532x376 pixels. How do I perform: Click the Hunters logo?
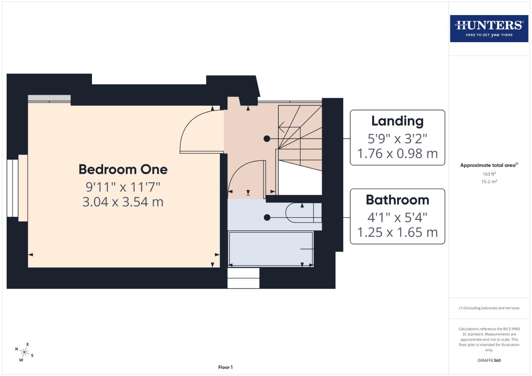click(x=489, y=29)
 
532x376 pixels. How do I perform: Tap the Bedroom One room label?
click(x=123, y=170)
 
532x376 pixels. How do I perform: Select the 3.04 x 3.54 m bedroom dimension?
click(x=123, y=202)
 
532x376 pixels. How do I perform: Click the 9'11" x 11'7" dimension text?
click(x=123, y=187)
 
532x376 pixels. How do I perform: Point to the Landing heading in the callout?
click(x=397, y=121)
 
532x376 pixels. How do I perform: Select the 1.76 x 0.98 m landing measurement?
click(x=397, y=154)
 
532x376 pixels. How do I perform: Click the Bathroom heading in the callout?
click(x=397, y=200)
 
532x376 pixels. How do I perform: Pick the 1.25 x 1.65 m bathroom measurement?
click(x=397, y=232)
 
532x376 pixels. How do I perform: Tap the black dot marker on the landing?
click(x=267, y=139)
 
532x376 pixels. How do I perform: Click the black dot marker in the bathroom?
click(x=267, y=218)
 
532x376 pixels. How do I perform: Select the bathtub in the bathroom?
click(x=271, y=249)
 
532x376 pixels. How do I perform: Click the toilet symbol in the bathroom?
click(x=302, y=213)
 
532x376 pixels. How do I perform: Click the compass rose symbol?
click(x=24, y=352)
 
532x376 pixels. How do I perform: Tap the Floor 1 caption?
click(x=225, y=367)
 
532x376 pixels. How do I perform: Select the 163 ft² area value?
click(x=489, y=174)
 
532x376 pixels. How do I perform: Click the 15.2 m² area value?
click(x=489, y=181)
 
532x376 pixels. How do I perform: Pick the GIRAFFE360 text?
click(x=489, y=360)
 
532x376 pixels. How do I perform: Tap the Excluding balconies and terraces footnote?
click(x=489, y=308)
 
